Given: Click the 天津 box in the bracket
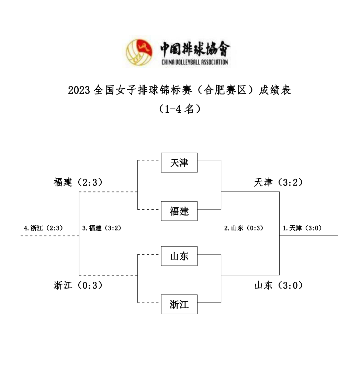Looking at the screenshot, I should click(x=179, y=162).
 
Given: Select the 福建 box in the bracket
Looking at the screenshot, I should click(x=179, y=211).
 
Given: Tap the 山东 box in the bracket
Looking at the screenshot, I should click(x=179, y=256).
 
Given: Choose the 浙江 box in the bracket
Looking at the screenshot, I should click(x=179, y=304).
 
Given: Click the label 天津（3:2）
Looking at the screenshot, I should click(x=278, y=182).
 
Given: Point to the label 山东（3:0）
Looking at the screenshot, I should click(x=278, y=285).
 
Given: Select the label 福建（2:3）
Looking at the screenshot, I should click(x=78, y=182).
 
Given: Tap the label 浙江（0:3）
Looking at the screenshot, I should click(x=78, y=285).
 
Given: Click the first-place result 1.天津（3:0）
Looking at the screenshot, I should click(x=302, y=228).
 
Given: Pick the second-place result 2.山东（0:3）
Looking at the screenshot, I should click(x=244, y=228).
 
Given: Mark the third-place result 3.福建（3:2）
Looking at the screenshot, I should click(x=102, y=228).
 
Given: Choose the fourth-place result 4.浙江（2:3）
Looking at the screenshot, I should click(x=44, y=228).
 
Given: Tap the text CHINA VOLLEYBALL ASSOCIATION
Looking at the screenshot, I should click(x=195, y=62).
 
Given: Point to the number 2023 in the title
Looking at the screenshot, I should click(x=79, y=90).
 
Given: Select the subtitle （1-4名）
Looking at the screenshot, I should click(x=180, y=109).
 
